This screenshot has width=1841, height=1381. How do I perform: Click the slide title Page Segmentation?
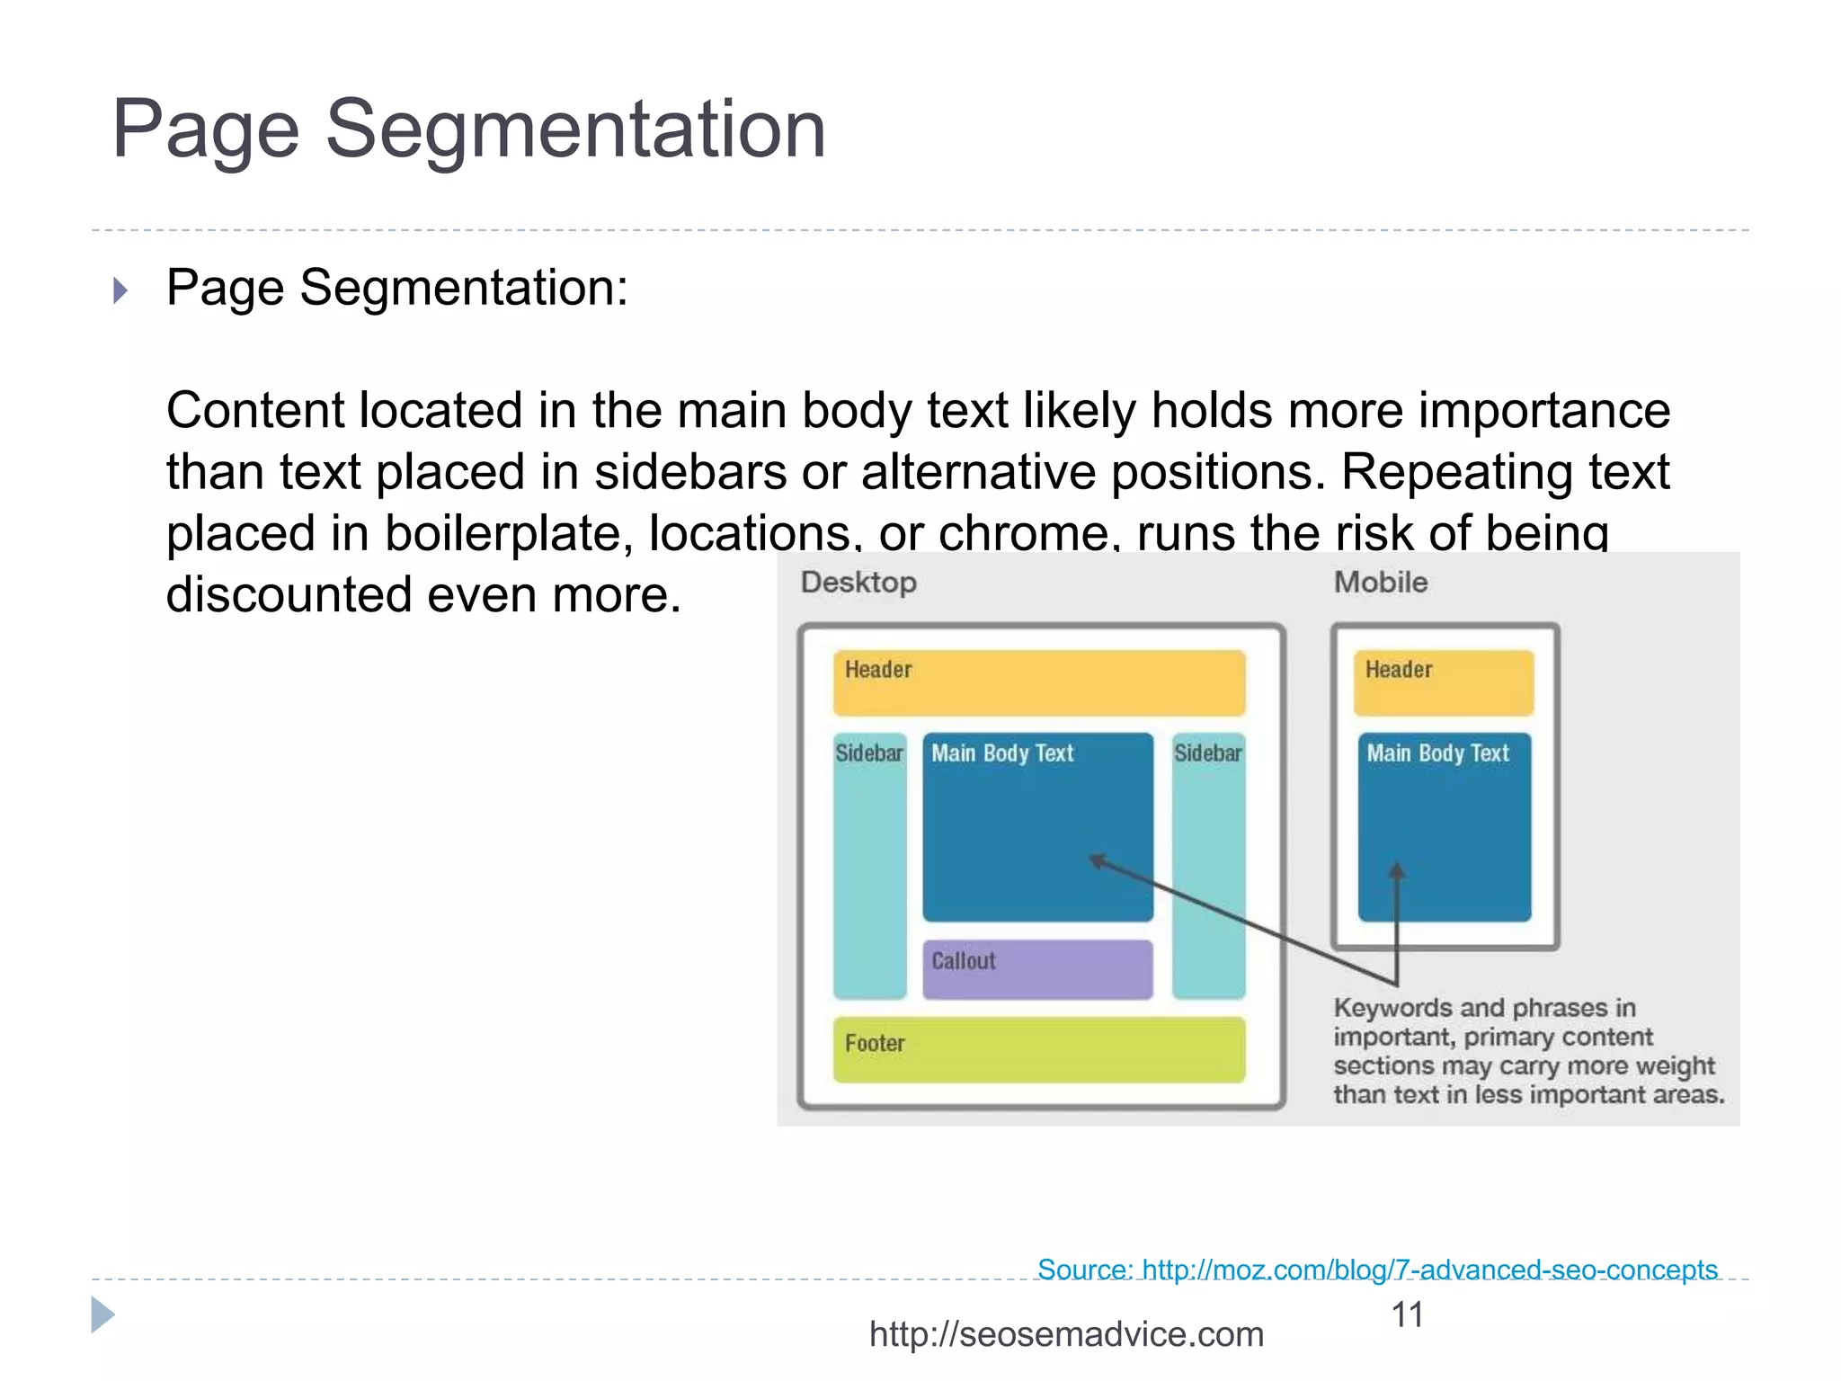pos(468,130)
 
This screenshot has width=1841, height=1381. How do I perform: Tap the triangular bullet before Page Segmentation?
pos(120,290)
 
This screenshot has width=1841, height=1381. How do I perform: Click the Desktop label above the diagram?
pos(858,583)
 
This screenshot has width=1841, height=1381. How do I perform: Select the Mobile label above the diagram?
pos(1380,583)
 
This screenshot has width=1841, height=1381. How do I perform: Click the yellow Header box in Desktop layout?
pos(1038,683)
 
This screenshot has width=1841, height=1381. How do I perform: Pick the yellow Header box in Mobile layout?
pos(1443,683)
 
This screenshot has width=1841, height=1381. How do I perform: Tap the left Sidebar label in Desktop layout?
pos(868,753)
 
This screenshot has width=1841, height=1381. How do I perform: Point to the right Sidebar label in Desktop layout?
pos(1207,753)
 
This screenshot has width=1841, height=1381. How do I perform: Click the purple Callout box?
pos(1037,969)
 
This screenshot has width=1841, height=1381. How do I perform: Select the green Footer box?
pos(1038,1049)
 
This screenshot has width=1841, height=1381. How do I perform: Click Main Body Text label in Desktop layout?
pos(1002,753)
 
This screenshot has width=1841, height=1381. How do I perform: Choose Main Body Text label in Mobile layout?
pos(1437,753)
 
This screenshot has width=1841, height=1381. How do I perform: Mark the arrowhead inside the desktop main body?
pos(1098,861)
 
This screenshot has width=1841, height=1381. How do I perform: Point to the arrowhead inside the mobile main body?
pos(1396,871)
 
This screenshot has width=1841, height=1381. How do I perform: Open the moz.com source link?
pos(1377,1270)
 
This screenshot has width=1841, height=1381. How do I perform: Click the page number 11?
pos(1407,1315)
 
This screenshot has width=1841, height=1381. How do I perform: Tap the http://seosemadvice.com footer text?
pos(1066,1334)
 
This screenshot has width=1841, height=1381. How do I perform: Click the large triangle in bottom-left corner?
pos(102,1315)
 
